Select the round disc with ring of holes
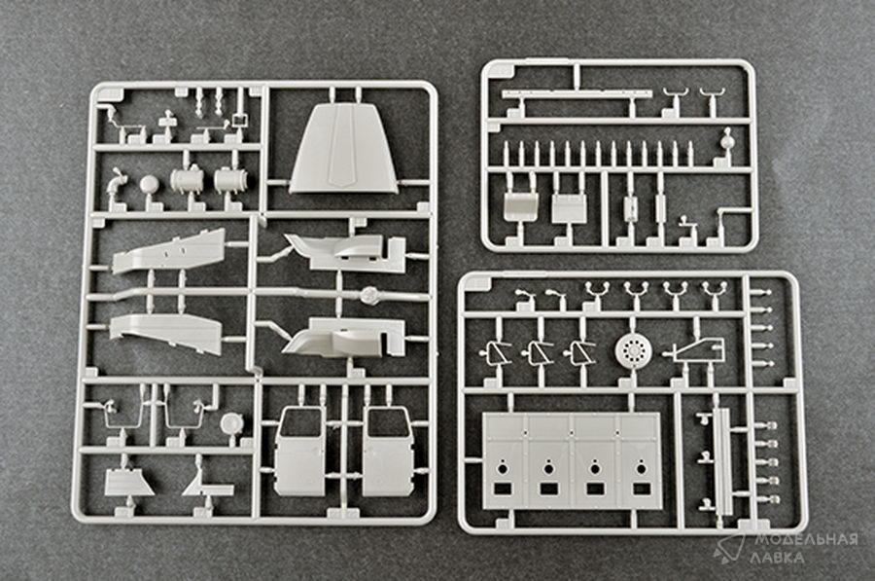[x=632, y=350]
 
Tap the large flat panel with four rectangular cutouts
[x=572, y=461]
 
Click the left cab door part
[x=298, y=452]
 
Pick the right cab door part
[x=387, y=452]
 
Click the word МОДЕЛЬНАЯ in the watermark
[x=806, y=540]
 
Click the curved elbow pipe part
[x=118, y=180]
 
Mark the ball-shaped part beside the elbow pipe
[x=149, y=184]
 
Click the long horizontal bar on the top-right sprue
[x=577, y=94]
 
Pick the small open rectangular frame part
[x=240, y=119]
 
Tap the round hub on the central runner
[x=368, y=295]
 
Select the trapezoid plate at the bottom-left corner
[x=129, y=482]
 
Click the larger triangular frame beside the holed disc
[x=699, y=350]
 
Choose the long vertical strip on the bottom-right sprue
[x=723, y=461]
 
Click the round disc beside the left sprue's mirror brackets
[x=229, y=423]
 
